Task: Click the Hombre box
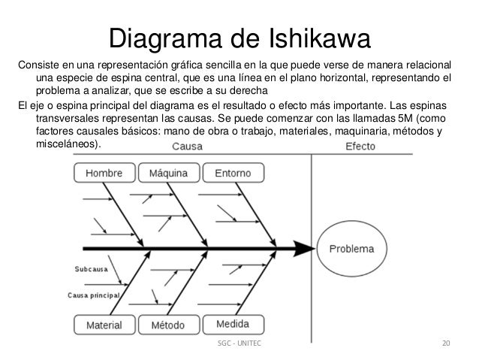click(104, 174)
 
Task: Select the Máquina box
click(169, 174)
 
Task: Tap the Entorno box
click(233, 174)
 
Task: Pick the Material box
click(104, 325)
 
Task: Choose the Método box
click(169, 325)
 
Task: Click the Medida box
click(233, 325)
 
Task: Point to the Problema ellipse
click(355, 249)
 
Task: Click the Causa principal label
click(93, 295)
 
